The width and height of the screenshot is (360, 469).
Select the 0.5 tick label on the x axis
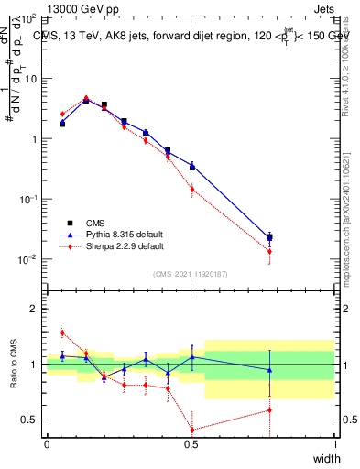[191, 444]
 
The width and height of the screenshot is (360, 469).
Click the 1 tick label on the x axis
[334, 444]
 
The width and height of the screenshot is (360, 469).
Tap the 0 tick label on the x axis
[47, 444]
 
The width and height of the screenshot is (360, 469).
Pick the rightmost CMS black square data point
[269, 237]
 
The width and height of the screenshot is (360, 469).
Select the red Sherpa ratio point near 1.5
[62, 333]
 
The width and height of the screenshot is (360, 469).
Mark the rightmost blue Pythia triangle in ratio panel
[269, 370]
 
